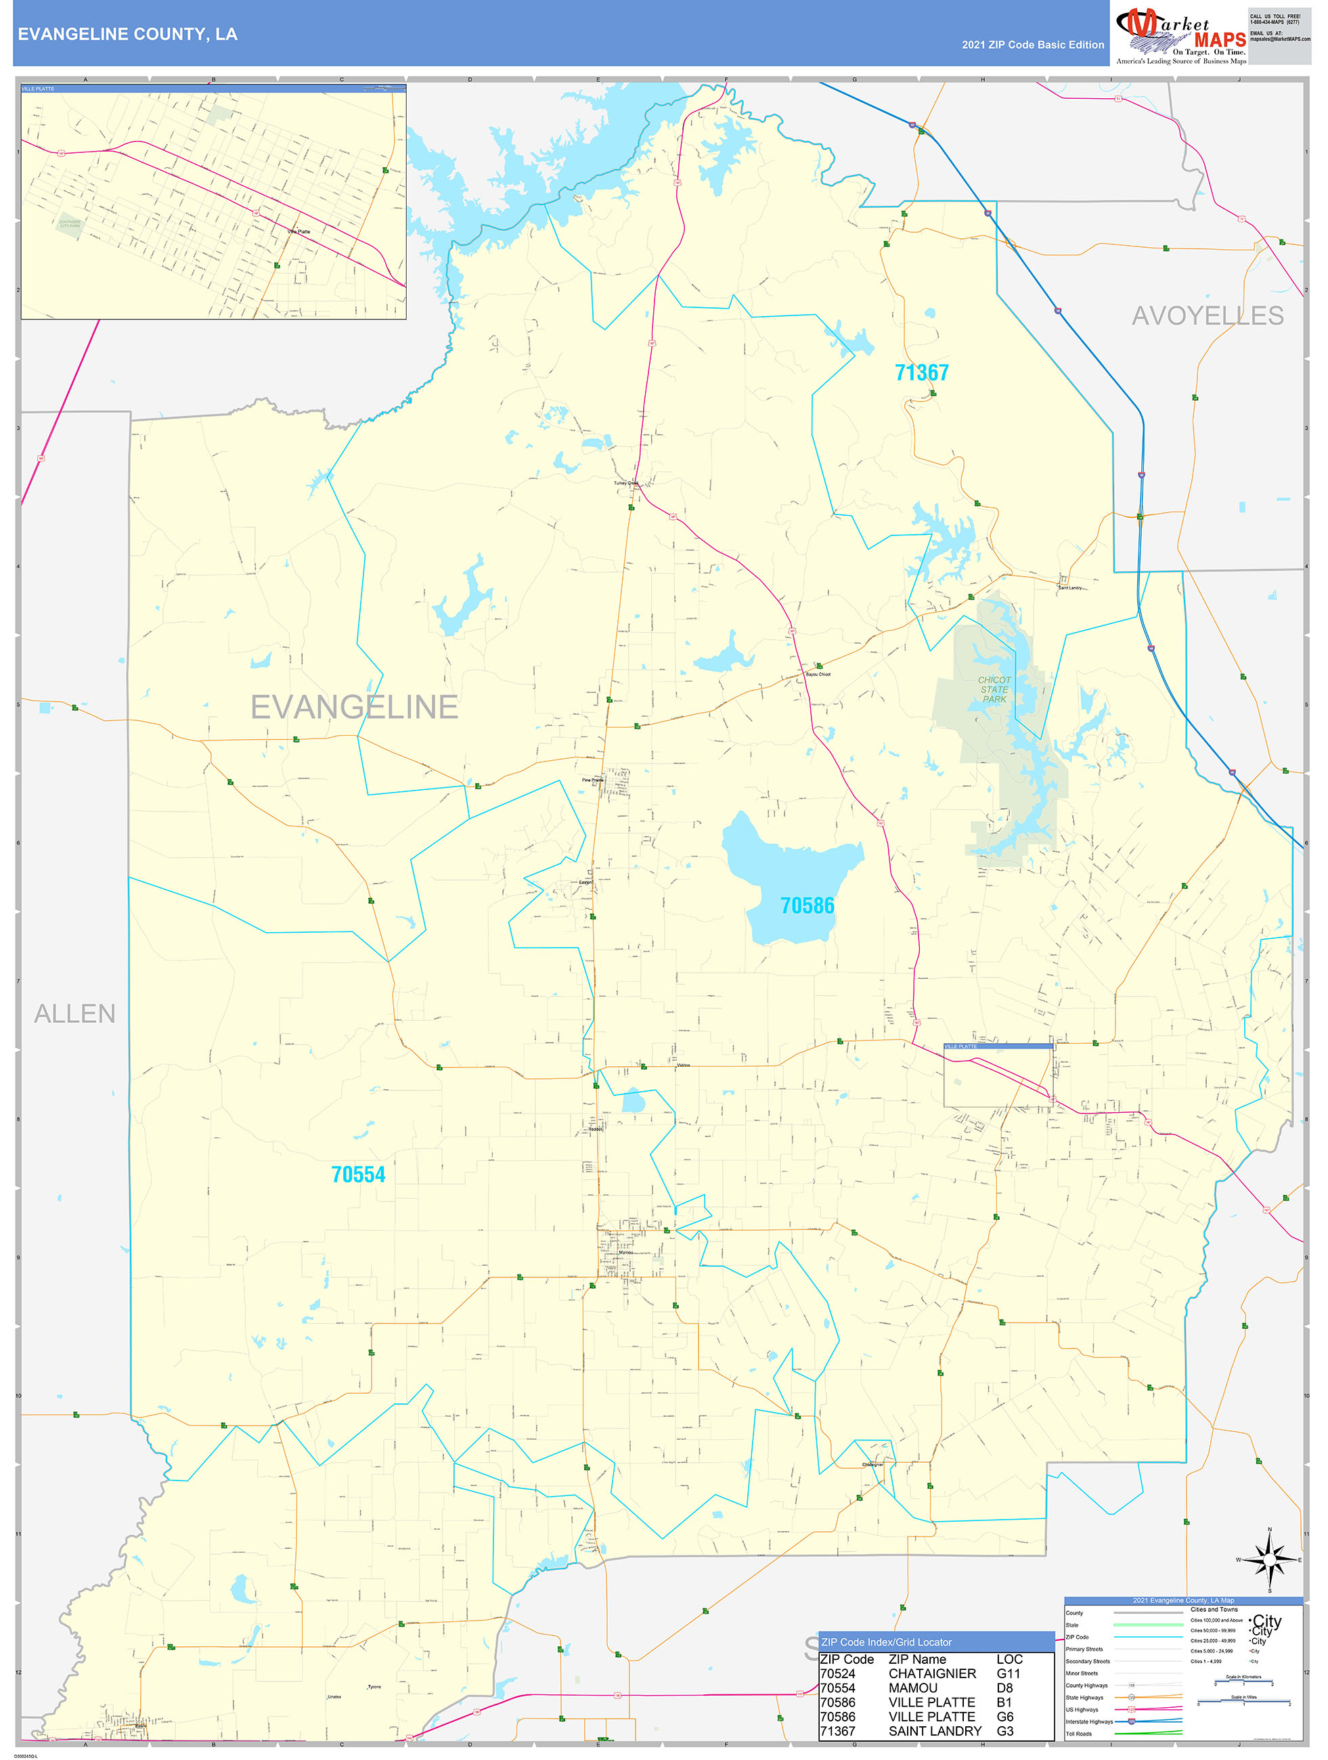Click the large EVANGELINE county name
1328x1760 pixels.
click(x=354, y=707)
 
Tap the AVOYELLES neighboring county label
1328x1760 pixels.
click(x=1207, y=316)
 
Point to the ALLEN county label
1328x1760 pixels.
click(x=75, y=1013)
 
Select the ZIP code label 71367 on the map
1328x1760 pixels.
click(x=921, y=372)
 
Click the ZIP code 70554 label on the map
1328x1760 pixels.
click(x=358, y=1175)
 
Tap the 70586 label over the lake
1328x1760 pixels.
click(x=807, y=906)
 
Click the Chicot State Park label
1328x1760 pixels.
click(x=994, y=690)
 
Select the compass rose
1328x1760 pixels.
click(x=1270, y=1560)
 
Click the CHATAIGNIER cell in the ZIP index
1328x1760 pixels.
click(x=932, y=1674)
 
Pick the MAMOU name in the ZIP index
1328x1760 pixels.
click(x=912, y=1688)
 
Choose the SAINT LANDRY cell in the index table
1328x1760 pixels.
click(x=935, y=1732)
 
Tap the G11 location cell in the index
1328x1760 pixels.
click(x=1008, y=1674)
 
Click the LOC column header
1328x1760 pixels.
click(x=1009, y=1660)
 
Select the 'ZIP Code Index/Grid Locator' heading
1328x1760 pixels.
click(x=887, y=1642)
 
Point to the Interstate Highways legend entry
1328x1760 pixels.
click(x=1089, y=1722)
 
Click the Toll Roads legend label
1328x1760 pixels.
click(x=1079, y=1734)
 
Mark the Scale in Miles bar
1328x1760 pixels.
click(x=1243, y=1702)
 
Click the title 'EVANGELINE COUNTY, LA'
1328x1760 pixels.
click(x=127, y=35)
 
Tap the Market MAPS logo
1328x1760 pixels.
click(x=1181, y=36)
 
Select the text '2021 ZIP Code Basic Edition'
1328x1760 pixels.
click(x=1032, y=45)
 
